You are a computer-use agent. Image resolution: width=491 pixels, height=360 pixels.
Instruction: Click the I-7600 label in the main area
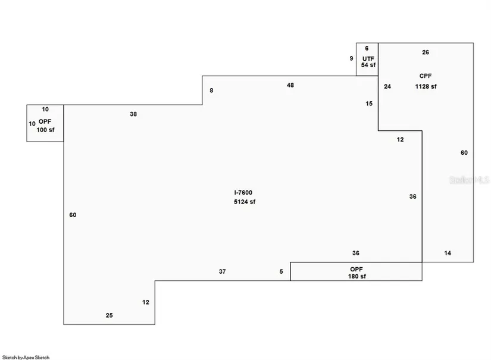click(243, 193)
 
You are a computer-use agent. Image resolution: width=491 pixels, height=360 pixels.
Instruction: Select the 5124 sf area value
click(245, 202)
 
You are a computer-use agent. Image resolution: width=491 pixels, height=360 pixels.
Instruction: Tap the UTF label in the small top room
click(368, 59)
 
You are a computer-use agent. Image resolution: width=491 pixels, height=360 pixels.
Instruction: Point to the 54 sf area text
click(368, 65)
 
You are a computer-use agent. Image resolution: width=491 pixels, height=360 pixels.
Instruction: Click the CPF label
click(426, 76)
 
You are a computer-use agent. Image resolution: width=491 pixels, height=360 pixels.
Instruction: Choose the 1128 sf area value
click(426, 86)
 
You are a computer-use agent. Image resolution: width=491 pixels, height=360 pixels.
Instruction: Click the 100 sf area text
click(45, 130)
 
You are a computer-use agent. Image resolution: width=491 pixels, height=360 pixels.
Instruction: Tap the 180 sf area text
click(357, 277)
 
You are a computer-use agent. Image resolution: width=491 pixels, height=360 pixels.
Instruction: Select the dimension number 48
click(290, 85)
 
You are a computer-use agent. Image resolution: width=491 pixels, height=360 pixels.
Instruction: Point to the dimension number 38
click(133, 114)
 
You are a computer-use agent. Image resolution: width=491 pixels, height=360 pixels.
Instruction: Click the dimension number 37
click(223, 272)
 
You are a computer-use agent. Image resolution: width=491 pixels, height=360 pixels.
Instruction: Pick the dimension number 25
click(110, 315)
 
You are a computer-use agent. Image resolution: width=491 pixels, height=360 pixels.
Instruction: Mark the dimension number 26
click(426, 52)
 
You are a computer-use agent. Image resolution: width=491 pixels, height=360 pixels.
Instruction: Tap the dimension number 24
click(387, 87)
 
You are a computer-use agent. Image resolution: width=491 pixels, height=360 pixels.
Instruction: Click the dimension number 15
click(369, 104)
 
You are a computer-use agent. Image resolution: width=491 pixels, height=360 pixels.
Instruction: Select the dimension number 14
click(448, 253)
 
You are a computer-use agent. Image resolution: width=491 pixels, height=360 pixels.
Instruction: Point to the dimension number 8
click(211, 90)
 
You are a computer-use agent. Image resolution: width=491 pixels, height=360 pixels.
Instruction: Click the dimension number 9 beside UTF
click(351, 58)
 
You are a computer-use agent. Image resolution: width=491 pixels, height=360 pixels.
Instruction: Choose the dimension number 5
click(281, 272)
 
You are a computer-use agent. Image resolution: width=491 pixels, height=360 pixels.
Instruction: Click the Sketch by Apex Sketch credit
click(26, 357)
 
